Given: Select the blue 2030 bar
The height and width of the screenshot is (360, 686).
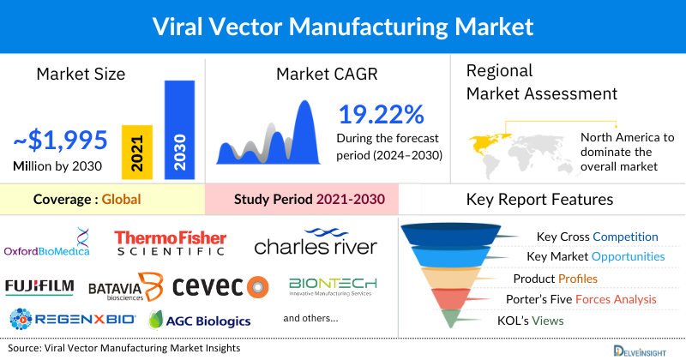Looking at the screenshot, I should point(179,130).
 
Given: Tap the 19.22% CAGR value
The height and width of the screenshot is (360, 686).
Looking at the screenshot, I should point(380,116).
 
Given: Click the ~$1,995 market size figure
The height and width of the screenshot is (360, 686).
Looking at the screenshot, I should point(60,139).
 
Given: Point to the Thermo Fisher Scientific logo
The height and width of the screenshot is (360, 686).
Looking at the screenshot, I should point(171,243).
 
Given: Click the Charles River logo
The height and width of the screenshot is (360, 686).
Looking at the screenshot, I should point(316,243).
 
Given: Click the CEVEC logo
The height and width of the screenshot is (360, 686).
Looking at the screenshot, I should point(220,286).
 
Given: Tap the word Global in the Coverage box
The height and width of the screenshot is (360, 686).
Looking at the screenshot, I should point(121,200).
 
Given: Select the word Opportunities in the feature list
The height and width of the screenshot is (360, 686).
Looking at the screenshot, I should point(622,256).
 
